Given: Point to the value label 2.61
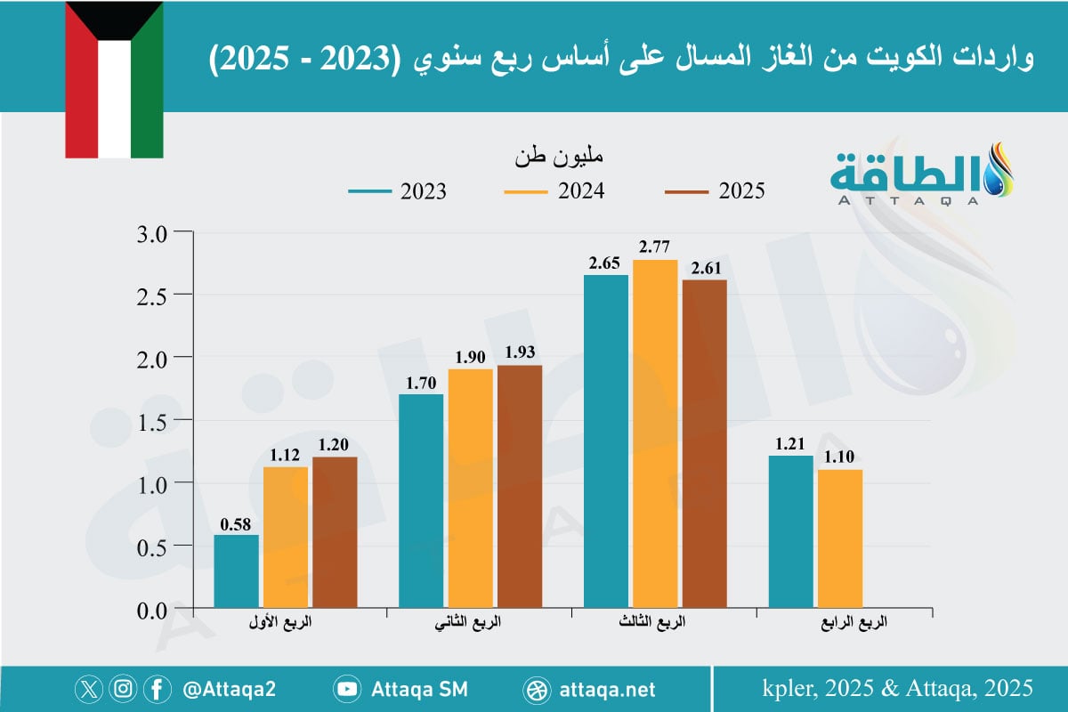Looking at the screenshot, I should click(704, 267).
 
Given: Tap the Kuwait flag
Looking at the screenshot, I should click(114, 79).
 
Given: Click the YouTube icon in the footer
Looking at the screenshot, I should click(346, 689).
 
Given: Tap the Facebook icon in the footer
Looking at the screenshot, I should click(157, 689).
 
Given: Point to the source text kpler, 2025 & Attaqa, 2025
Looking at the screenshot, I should click(897, 688).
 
